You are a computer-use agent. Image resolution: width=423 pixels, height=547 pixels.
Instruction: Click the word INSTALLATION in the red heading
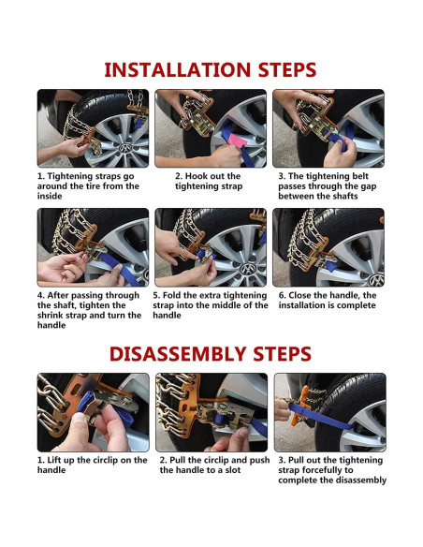[x=178, y=69]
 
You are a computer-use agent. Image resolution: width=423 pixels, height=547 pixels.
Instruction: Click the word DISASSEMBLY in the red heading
[x=178, y=354]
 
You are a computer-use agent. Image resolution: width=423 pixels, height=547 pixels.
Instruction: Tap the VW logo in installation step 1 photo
[x=124, y=148]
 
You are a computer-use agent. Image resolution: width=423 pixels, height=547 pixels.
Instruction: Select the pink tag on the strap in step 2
[x=237, y=140]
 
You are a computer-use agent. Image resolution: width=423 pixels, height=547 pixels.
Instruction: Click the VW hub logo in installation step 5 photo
[x=247, y=269]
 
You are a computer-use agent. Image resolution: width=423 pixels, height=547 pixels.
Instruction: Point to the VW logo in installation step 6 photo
[x=376, y=280]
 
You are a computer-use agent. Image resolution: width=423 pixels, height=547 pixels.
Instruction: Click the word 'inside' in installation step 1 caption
[x=50, y=196]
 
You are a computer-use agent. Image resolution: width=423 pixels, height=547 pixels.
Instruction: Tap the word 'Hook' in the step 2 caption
[x=197, y=176]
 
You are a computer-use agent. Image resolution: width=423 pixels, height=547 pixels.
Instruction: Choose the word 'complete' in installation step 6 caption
[x=358, y=305]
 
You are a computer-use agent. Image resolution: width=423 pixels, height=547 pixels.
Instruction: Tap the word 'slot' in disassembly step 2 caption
[x=233, y=470]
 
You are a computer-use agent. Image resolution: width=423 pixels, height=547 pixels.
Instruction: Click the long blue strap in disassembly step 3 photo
[x=321, y=416]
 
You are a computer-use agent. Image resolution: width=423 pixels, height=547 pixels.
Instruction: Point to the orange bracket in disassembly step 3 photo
[x=299, y=407]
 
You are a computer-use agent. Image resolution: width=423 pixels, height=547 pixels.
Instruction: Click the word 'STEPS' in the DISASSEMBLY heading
[x=283, y=354]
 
